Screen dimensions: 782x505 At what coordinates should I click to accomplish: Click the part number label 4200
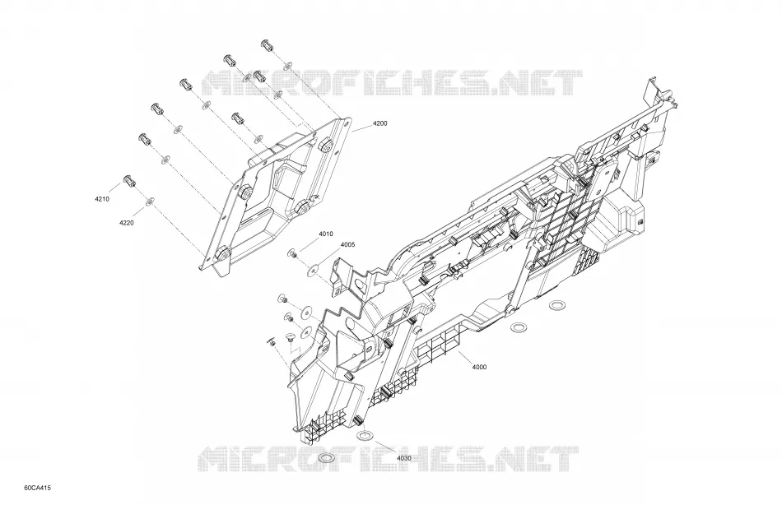(x=379, y=123)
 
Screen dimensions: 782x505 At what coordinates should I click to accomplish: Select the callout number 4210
(x=102, y=199)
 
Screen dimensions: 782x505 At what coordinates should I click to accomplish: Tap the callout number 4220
(x=126, y=223)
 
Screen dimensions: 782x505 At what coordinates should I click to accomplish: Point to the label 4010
(x=326, y=234)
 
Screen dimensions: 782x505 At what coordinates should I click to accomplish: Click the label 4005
(x=347, y=245)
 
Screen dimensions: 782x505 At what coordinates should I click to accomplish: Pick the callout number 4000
(x=479, y=368)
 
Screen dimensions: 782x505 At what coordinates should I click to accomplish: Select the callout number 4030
(x=404, y=458)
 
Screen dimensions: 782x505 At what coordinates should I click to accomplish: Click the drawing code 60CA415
(x=37, y=488)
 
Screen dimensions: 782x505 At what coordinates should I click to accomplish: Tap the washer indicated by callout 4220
(x=150, y=201)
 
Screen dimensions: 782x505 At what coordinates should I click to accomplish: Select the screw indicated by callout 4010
(x=292, y=254)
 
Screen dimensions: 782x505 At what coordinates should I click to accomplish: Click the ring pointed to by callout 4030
(x=364, y=436)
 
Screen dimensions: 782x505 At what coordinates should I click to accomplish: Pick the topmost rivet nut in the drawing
(x=268, y=45)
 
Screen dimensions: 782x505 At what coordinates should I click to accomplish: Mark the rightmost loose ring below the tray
(x=556, y=304)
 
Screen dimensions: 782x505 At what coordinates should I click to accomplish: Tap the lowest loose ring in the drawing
(x=326, y=458)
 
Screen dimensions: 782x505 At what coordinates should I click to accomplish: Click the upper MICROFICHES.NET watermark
(x=392, y=83)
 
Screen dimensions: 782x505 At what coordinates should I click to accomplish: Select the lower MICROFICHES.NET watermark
(x=389, y=460)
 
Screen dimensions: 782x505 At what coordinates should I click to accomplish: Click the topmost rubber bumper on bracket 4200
(x=327, y=145)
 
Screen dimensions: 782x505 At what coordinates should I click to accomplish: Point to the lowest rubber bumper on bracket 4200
(x=223, y=254)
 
